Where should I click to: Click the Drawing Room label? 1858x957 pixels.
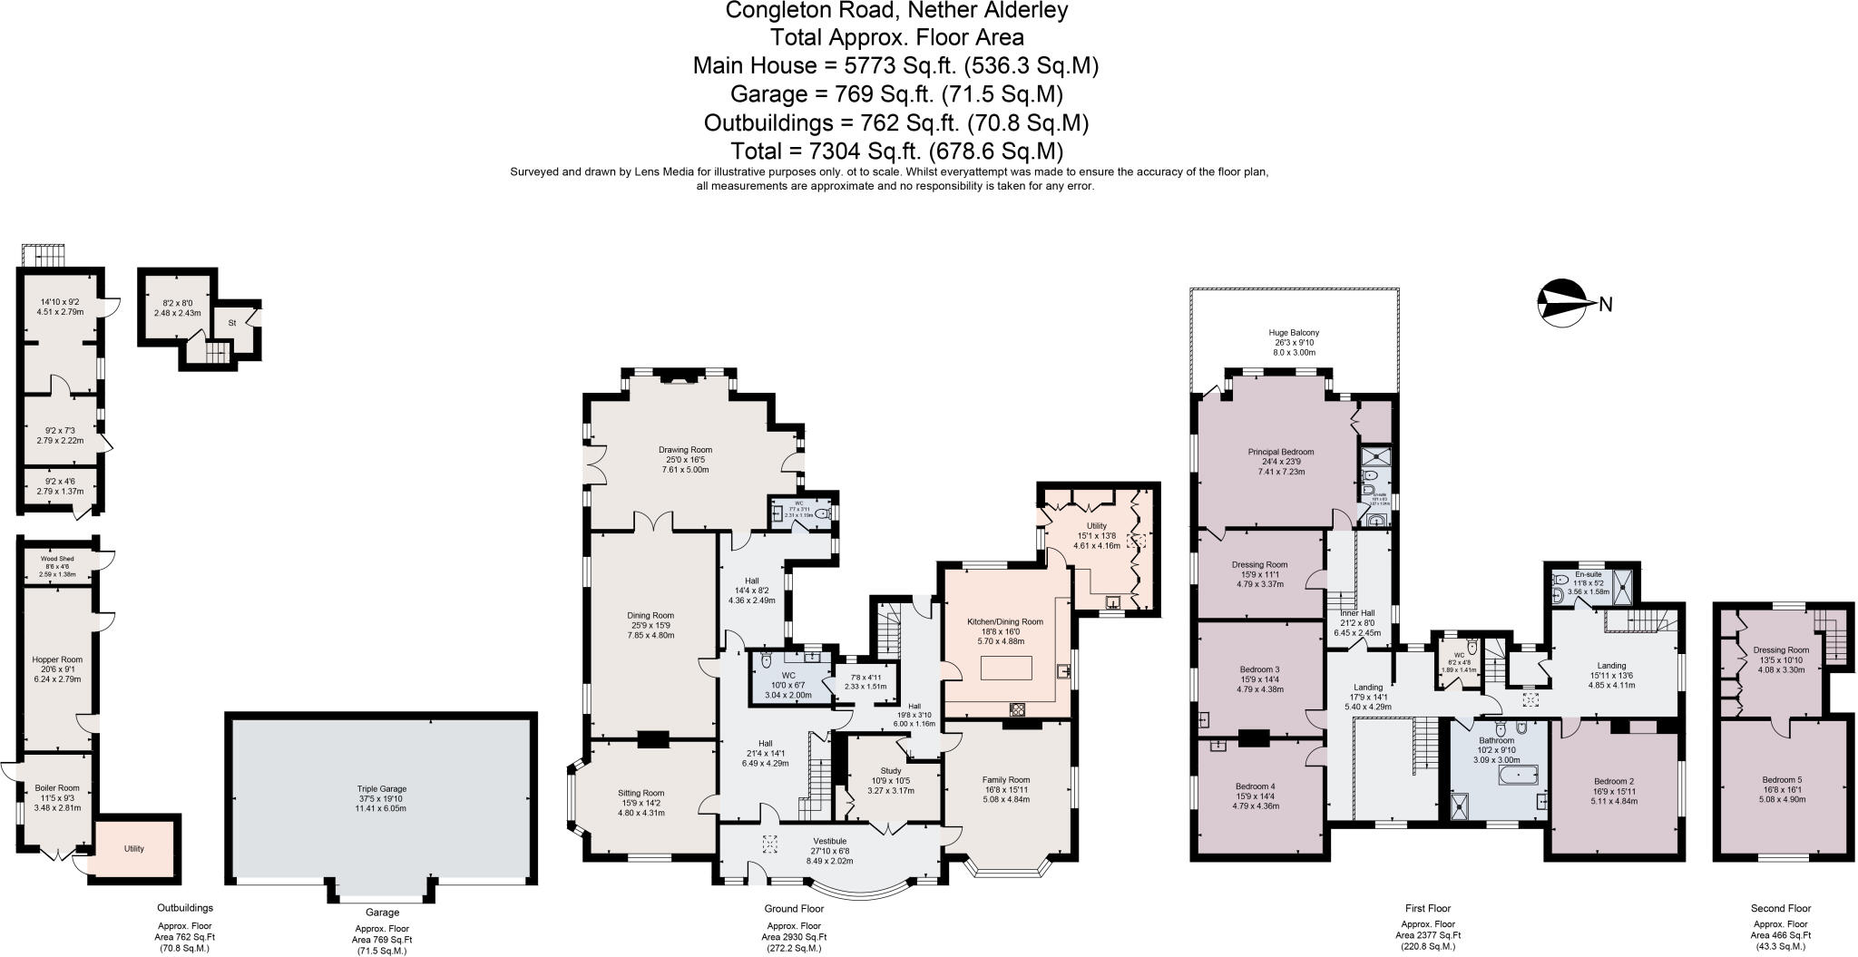click(685, 449)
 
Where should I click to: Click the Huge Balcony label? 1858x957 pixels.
click(1293, 333)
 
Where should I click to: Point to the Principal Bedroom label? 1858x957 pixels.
click(1280, 452)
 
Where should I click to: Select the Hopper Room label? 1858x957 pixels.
click(57, 659)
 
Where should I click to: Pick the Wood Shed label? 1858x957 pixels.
click(57, 559)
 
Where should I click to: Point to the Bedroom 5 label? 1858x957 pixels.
click(1782, 780)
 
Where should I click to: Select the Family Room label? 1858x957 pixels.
click(1006, 779)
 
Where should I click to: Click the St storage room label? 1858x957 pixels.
click(232, 322)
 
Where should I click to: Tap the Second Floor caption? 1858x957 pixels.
click(1780, 908)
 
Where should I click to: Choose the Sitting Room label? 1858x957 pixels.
click(641, 793)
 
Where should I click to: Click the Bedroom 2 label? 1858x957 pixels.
click(1614, 781)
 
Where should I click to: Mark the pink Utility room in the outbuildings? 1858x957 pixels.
click(134, 849)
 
